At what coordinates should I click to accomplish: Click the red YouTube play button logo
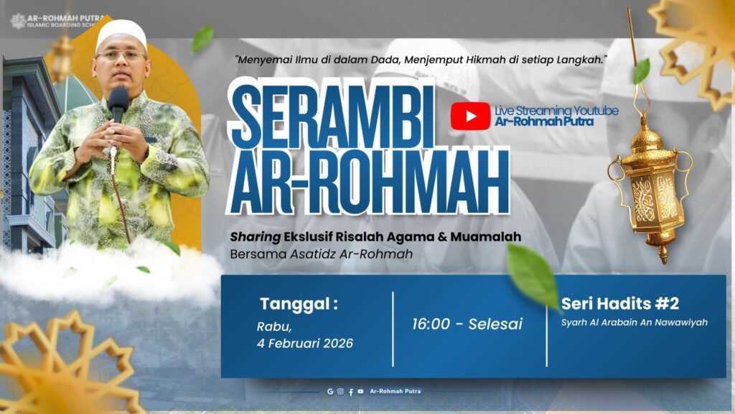click(x=470, y=116)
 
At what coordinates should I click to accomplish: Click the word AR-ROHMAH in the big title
click(x=368, y=183)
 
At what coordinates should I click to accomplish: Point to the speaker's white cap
click(x=121, y=34)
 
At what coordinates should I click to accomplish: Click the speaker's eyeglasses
click(x=120, y=55)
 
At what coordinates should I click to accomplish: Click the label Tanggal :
click(x=299, y=303)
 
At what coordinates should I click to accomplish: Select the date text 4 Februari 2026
click(x=305, y=344)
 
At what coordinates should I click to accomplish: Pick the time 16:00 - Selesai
click(x=467, y=324)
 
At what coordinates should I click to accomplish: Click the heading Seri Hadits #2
click(x=620, y=303)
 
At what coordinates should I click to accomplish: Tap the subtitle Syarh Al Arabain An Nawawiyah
click(x=635, y=323)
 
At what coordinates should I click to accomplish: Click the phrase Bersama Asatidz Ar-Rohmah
click(x=322, y=254)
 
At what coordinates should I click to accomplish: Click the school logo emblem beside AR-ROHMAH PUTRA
click(x=18, y=21)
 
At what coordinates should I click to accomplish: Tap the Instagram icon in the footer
click(x=340, y=392)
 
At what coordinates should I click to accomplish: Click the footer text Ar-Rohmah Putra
click(x=395, y=392)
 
